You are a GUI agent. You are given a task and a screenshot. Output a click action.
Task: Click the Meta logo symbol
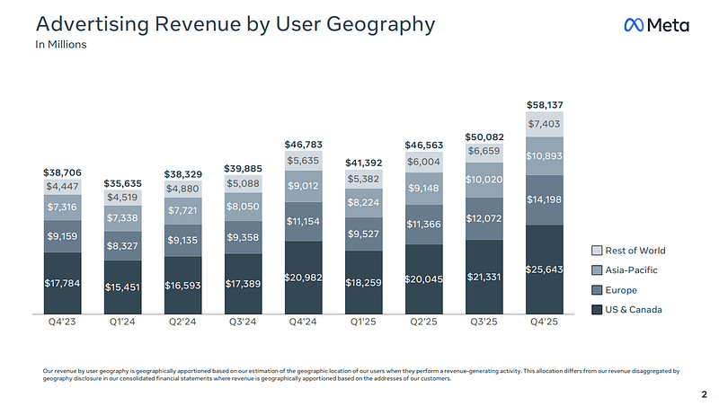[x=634, y=25]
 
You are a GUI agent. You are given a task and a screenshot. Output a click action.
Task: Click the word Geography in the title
[x=380, y=24]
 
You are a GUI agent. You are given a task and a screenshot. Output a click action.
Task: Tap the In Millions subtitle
[x=61, y=44]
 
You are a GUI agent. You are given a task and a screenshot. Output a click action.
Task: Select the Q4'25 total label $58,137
[x=545, y=105]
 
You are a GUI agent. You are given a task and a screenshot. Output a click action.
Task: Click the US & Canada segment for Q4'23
[x=62, y=283]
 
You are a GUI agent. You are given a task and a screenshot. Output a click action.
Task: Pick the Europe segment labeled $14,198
[x=545, y=199]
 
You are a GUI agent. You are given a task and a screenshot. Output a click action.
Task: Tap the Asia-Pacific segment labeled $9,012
[x=303, y=186]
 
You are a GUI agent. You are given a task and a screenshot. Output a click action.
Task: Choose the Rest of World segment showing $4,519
[x=122, y=198]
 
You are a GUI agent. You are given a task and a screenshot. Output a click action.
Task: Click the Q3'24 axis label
[x=243, y=322]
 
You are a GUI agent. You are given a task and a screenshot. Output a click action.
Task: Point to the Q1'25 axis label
[x=363, y=322]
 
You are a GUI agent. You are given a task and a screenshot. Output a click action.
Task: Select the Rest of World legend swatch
[x=597, y=251]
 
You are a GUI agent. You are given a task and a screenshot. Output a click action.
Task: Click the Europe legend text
[x=621, y=290]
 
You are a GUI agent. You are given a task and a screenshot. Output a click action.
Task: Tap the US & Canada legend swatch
[x=597, y=310]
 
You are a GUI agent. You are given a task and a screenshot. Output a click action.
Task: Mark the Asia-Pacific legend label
[x=631, y=270]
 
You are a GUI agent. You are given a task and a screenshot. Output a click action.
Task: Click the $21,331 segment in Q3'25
[x=484, y=277]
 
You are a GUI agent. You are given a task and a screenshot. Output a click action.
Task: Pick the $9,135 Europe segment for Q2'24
[x=182, y=241]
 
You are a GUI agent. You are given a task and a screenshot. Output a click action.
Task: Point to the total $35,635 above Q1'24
[x=122, y=183]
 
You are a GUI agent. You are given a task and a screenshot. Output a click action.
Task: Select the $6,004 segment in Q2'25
[x=423, y=163]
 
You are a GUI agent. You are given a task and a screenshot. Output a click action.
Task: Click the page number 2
[x=705, y=394]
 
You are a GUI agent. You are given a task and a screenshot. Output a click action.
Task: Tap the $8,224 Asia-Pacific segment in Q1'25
[x=363, y=202]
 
